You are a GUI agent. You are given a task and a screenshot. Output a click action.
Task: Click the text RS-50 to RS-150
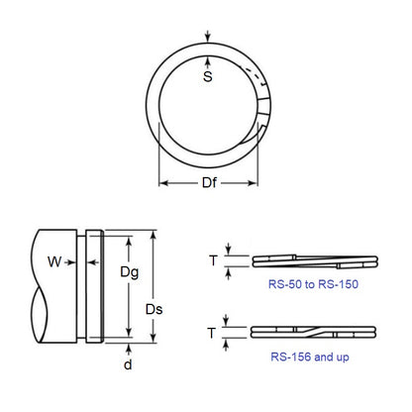[x=312, y=284]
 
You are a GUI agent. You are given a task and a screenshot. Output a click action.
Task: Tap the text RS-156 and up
[x=312, y=356]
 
